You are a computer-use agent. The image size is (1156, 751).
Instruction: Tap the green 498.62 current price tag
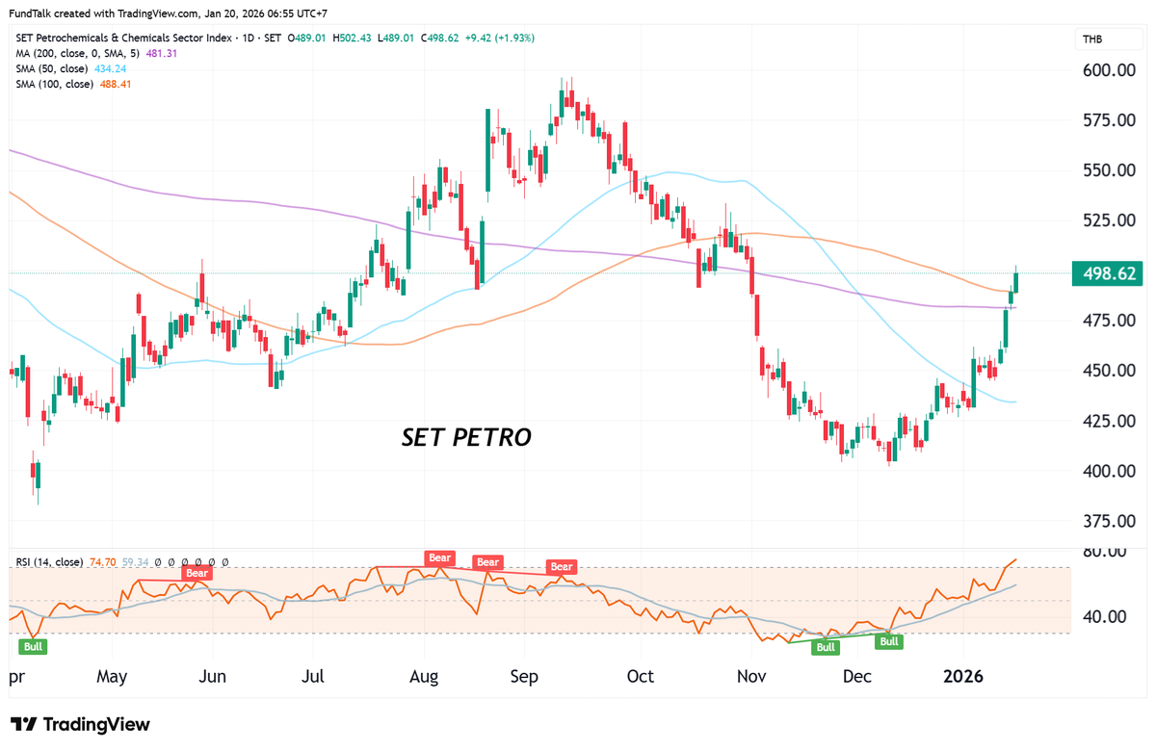1110,273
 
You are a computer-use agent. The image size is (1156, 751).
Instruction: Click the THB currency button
1092,39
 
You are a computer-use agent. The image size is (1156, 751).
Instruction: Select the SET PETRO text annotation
466,438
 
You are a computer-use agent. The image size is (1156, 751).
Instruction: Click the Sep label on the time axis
524,676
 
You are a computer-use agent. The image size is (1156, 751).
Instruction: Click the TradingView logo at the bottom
81,724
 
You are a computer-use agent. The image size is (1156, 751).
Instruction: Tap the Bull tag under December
888,641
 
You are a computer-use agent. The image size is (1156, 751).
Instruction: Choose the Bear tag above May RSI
197,573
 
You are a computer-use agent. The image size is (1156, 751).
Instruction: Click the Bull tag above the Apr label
33,646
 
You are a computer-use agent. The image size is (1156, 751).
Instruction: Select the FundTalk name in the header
34,13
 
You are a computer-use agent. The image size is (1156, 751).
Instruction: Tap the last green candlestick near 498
1016,281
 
